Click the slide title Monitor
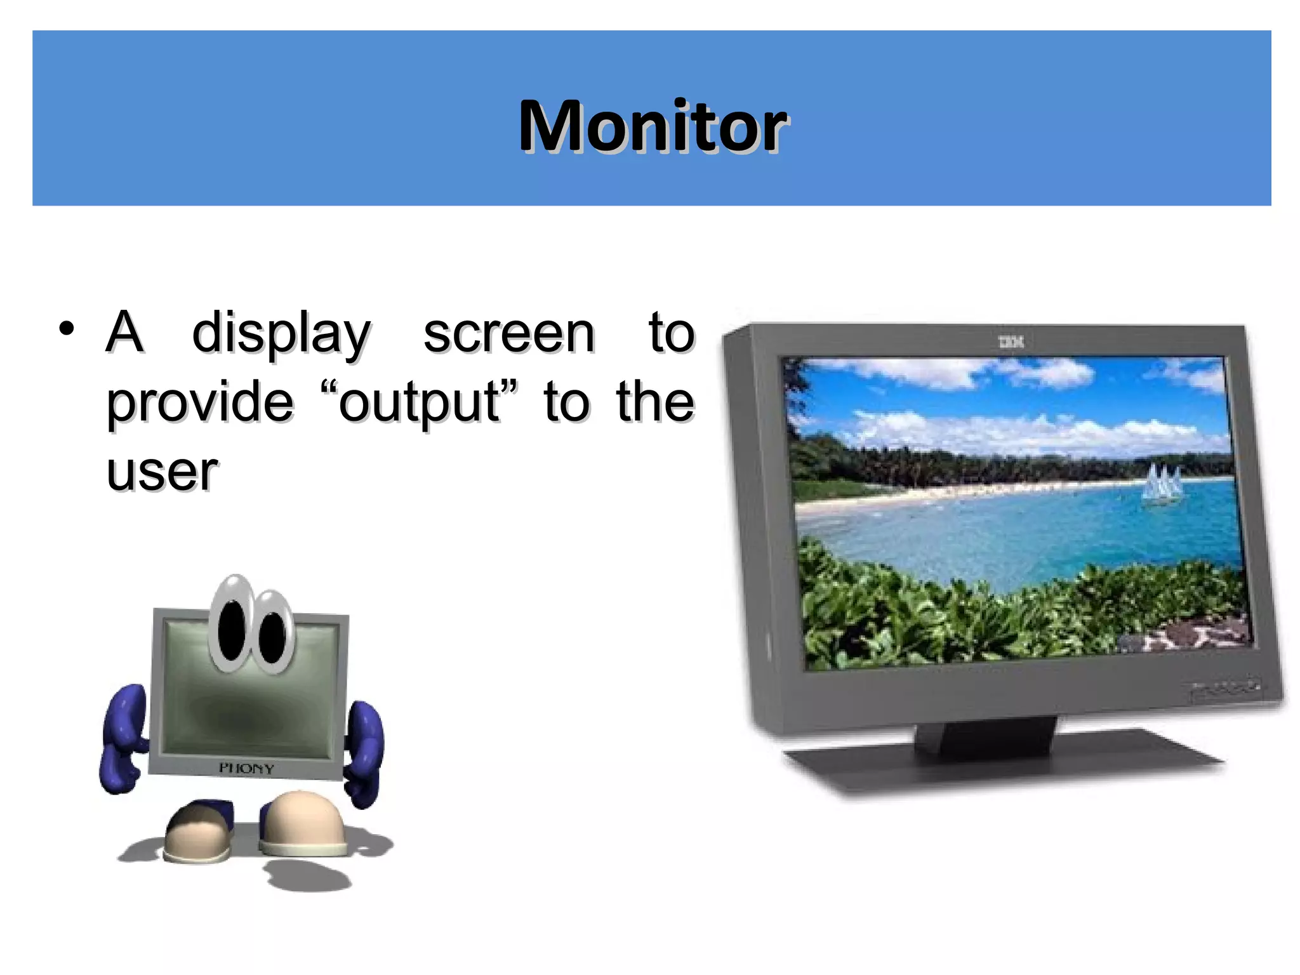click(653, 126)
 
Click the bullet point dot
click(66, 329)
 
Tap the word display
click(281, 334)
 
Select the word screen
click(509, 334)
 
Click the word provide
click(200, 403)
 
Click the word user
click(162, 472)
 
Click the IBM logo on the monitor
click(1011, 342)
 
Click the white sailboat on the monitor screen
click(1161, 486)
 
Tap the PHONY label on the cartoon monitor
click(246, 768)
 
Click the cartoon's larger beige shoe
click(303, 822)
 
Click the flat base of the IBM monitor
click(1003, 765)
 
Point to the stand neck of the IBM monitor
click(987, 736)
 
